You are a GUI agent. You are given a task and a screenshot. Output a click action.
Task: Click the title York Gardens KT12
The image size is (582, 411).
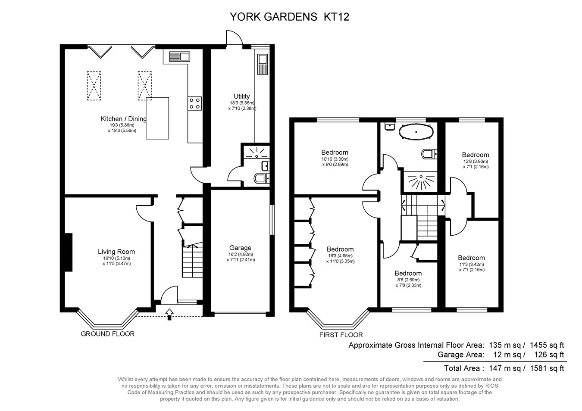(289, 17)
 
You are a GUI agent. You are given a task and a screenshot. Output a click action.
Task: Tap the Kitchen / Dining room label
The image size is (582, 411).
(123, 119)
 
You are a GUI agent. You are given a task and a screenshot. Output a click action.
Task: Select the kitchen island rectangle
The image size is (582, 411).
(157, 118)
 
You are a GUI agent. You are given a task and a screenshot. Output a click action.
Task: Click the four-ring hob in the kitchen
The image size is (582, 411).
(194, 103)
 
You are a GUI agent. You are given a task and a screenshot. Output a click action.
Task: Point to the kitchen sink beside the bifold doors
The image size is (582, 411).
(179, 57)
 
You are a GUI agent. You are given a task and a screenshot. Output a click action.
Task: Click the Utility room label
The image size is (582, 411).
(241, 97)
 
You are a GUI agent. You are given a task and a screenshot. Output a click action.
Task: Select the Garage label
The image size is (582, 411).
(240, 248)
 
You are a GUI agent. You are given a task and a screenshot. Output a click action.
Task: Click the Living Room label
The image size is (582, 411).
(116, 252)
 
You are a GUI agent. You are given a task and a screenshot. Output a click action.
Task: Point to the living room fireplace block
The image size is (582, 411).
(68, 252)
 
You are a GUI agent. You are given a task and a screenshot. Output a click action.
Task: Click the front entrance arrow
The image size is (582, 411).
(169, 313)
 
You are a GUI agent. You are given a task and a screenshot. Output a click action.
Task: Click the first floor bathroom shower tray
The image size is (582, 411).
(421, 181)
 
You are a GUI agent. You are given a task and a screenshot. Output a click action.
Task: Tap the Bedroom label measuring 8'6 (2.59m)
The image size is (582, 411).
(408, 273)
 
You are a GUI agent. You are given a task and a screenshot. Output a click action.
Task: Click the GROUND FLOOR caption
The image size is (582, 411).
(107, 334)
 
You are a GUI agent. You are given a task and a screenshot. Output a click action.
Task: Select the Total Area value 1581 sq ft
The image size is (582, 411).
(546, 368)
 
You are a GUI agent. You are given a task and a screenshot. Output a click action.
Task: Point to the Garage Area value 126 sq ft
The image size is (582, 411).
(548, 355)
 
